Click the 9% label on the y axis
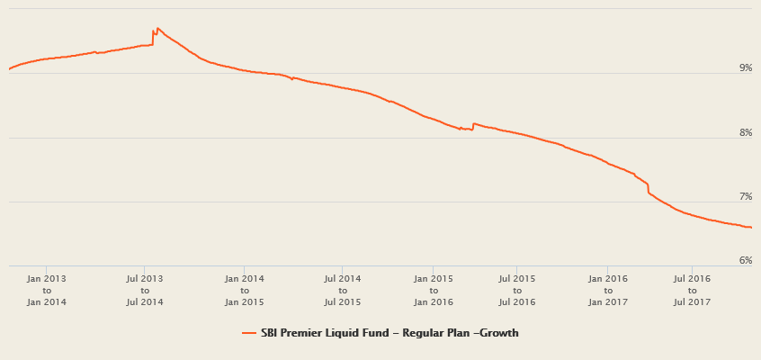click(x=745, y=68)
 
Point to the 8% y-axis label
click(x=745, y=133)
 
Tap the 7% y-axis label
click(x=745, y=197)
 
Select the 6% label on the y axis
click(x=745, y=261)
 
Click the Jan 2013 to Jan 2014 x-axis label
click(x=47, y=291)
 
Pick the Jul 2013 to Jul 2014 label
click(x=145, y=291)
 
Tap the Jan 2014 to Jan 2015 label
click(x=245, y=291)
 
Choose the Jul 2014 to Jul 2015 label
click(x=343, y=291)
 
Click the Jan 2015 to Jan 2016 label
click(x=434, y=291)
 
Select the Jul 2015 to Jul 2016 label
click(x=516, y=291)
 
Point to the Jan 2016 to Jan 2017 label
click(x=608, y=291)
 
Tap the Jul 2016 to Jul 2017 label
click(x=692, y=291)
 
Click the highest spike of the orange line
click(x=157, y=28)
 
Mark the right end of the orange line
click(x=751, y=228)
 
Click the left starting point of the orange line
click(x=9, y=68)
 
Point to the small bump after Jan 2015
click(x=474, y=124)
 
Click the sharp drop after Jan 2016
click(x=648, y=189)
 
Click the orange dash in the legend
click(x=249, y=333)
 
